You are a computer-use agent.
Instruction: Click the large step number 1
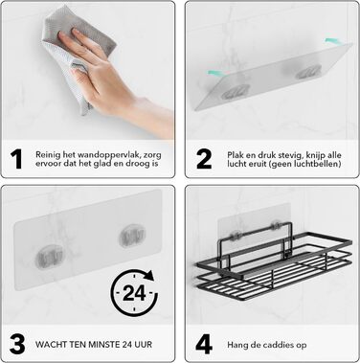point(16,159)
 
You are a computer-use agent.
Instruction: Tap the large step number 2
point(204,159)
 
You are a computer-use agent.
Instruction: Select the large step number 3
point(17,344)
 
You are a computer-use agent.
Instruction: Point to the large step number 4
point(204,344)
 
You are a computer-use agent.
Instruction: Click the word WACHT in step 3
point(48,345)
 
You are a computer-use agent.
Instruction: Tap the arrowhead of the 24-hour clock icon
point(149,276)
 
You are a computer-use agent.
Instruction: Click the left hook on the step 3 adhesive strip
point(49,256)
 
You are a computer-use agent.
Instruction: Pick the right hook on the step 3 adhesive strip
point(132,237)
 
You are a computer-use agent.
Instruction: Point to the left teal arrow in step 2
point(216,74)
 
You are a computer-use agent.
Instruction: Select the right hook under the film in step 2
point(307,72)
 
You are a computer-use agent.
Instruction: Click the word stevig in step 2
point(292,155)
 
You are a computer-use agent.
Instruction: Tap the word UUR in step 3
point(144,345)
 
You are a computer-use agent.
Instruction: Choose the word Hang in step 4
point(236,345)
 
